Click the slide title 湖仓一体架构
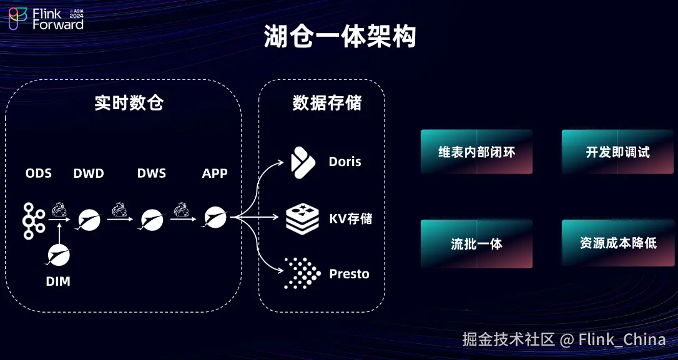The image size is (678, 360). (x=339, y=37)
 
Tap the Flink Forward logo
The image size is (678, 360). (x=46, y=19)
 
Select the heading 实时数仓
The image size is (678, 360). (x=129, y=102)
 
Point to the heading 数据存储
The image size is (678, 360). (x=327, y=102)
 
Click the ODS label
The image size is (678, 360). (x=39, y=173)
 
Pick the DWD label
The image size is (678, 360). (x=89, y=173)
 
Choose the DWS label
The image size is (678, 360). (x=152, y=173)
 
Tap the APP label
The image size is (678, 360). (x=215, y=173)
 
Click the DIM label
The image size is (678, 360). (x=58, y=281)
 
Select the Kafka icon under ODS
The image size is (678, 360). (x=33, y=220)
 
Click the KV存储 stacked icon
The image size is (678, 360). (x=302, y=218)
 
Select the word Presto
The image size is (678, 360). (x=349, y=274)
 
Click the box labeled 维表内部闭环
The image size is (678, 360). (x=476, y=152)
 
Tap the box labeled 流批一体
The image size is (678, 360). (x=476, y=244)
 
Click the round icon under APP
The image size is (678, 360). (x=214, y=217)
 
